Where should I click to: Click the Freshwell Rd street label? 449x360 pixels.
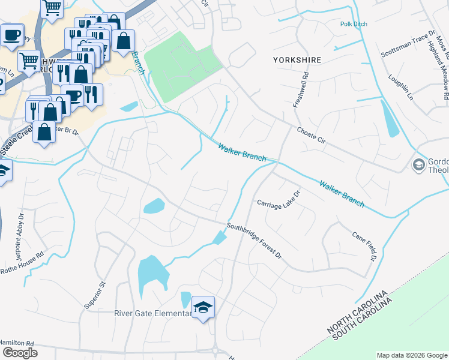click(304, 90)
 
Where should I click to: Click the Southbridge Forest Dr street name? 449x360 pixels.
click(254, 241)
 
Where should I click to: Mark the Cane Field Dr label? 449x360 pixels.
click(364, 246)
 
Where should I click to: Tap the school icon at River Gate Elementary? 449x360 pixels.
click(203, 308)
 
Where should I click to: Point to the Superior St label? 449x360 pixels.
click(95, 294)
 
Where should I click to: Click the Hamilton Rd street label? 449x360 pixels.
click(17, 343)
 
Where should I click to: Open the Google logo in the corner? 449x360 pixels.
click(20, 353)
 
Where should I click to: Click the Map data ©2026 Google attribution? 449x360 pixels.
click(411, 355)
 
